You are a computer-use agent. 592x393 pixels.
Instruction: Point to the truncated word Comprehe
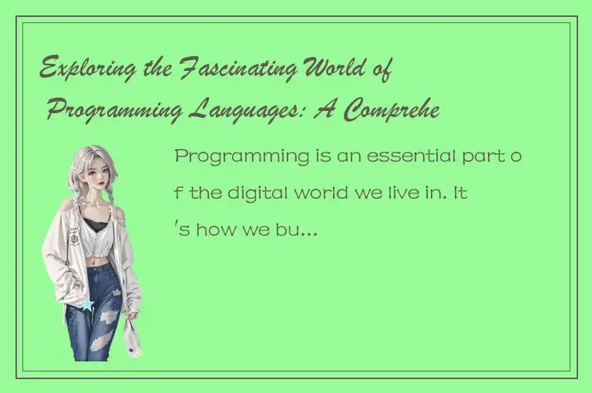(x=391, y=111)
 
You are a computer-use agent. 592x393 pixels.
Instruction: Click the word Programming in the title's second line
(x=116, y=111)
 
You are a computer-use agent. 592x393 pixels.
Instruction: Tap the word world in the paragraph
(x=314, y=193)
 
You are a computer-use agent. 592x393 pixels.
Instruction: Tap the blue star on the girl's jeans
(x=88, y=305)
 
